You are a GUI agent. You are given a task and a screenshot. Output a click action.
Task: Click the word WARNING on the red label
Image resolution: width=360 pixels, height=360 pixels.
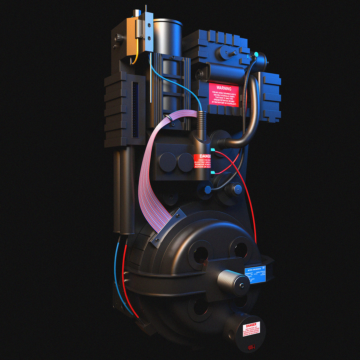coord(224,89)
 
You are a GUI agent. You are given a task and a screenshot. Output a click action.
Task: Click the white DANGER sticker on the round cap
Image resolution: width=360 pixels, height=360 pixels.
coord(251,330)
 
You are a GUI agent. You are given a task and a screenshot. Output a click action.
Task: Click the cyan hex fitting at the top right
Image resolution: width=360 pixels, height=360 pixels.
coord(256,54)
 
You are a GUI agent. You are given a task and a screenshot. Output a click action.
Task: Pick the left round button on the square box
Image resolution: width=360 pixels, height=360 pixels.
coord(168,162)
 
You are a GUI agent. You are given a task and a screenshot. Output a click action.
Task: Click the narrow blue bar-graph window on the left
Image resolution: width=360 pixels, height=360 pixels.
coord(135,110)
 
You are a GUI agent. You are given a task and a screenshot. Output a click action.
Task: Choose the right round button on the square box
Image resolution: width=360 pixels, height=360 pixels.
coord(185,162)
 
